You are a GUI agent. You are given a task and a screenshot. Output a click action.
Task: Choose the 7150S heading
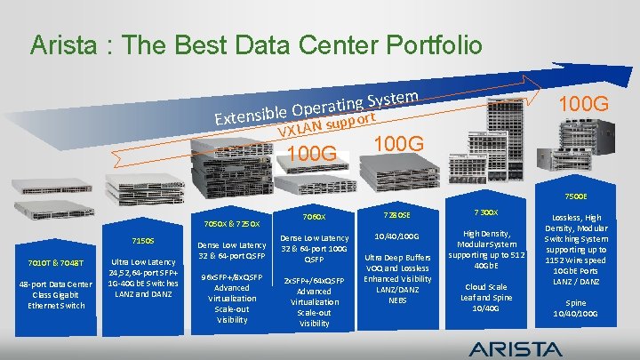[x=142, y=240]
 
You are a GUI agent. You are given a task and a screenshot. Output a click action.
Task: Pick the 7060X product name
[x=315, y=216]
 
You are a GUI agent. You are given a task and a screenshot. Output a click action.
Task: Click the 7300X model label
[x=486, y=212]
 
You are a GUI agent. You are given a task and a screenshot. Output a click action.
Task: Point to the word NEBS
[x=396, y=300]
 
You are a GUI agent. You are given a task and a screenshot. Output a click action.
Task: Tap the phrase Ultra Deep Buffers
[x=396, y=257]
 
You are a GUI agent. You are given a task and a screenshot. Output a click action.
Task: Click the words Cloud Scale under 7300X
[x=486, y=287]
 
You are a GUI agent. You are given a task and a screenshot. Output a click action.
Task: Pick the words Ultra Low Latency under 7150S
[x=142, y=261]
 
